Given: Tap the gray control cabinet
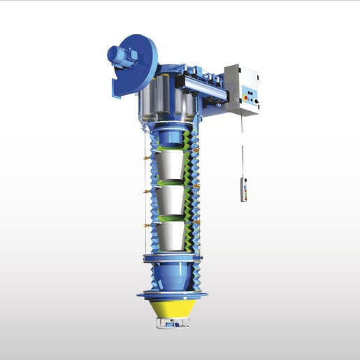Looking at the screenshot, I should (242, 90).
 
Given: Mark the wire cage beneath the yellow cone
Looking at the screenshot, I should (171, 323).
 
